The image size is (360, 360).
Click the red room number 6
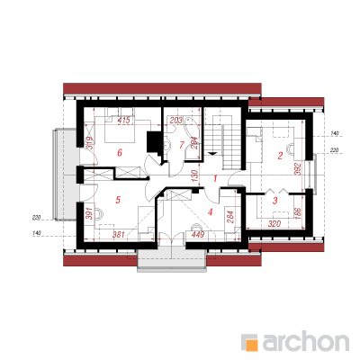pyautogui.click(x=120, y=153)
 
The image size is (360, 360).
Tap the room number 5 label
pyautogui.click(x=118, y=200)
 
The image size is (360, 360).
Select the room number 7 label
pyautogui.click(x=181, y=145)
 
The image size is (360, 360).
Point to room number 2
pyautogui.click(x=280, y=156)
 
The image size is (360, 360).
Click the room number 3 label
pyautogui.click(x=275, y=201)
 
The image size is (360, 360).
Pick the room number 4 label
pyautogui.click(x=210, y=212)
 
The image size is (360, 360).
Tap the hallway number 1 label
pyautogui.click(x=215, y=179)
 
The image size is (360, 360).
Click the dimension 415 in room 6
pyautogui.click(x=124, y=121)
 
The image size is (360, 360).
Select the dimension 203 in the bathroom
pyautogui.click(x=176, y=121)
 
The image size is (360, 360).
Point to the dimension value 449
pyautogui.click(x=198, y=234)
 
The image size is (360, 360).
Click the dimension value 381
pyautogui.click(x=119, y=235)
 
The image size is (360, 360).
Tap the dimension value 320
pyautogui.click(x=274, y=224)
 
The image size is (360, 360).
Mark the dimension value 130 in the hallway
pyautogui.click(x=194, y=175)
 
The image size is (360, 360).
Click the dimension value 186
pyautogui.click(x=298, y=213)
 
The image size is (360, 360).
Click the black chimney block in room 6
pyautogui.click(x=154, y=142)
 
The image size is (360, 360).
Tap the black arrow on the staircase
pyautogui.click(x=212, y=154)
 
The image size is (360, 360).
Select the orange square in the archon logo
pyautogui.click(x=252, y=345)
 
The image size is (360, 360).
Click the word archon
pyautogui.click(x=305, y=341)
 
